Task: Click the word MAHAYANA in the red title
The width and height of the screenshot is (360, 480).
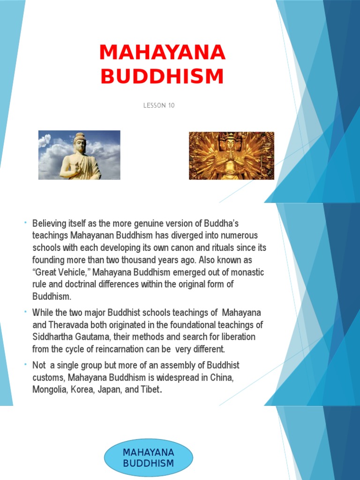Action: tap(162, 53)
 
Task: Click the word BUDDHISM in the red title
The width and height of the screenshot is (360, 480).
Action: tap(162, 76)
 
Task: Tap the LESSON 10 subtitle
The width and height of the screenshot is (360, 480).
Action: tap(159, 105)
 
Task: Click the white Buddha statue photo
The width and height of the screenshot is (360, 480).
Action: tap(79, 155)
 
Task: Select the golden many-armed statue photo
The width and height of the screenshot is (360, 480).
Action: tap(231, 156)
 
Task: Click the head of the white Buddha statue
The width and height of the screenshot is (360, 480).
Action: tap(80, 141)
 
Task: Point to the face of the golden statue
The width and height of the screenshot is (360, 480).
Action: tap(230, 143)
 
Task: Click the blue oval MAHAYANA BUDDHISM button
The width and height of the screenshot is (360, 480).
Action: tap(148, 458)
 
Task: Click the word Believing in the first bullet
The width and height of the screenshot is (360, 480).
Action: tap(49, 223)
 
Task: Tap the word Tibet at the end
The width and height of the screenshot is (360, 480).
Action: tap(150, 389)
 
